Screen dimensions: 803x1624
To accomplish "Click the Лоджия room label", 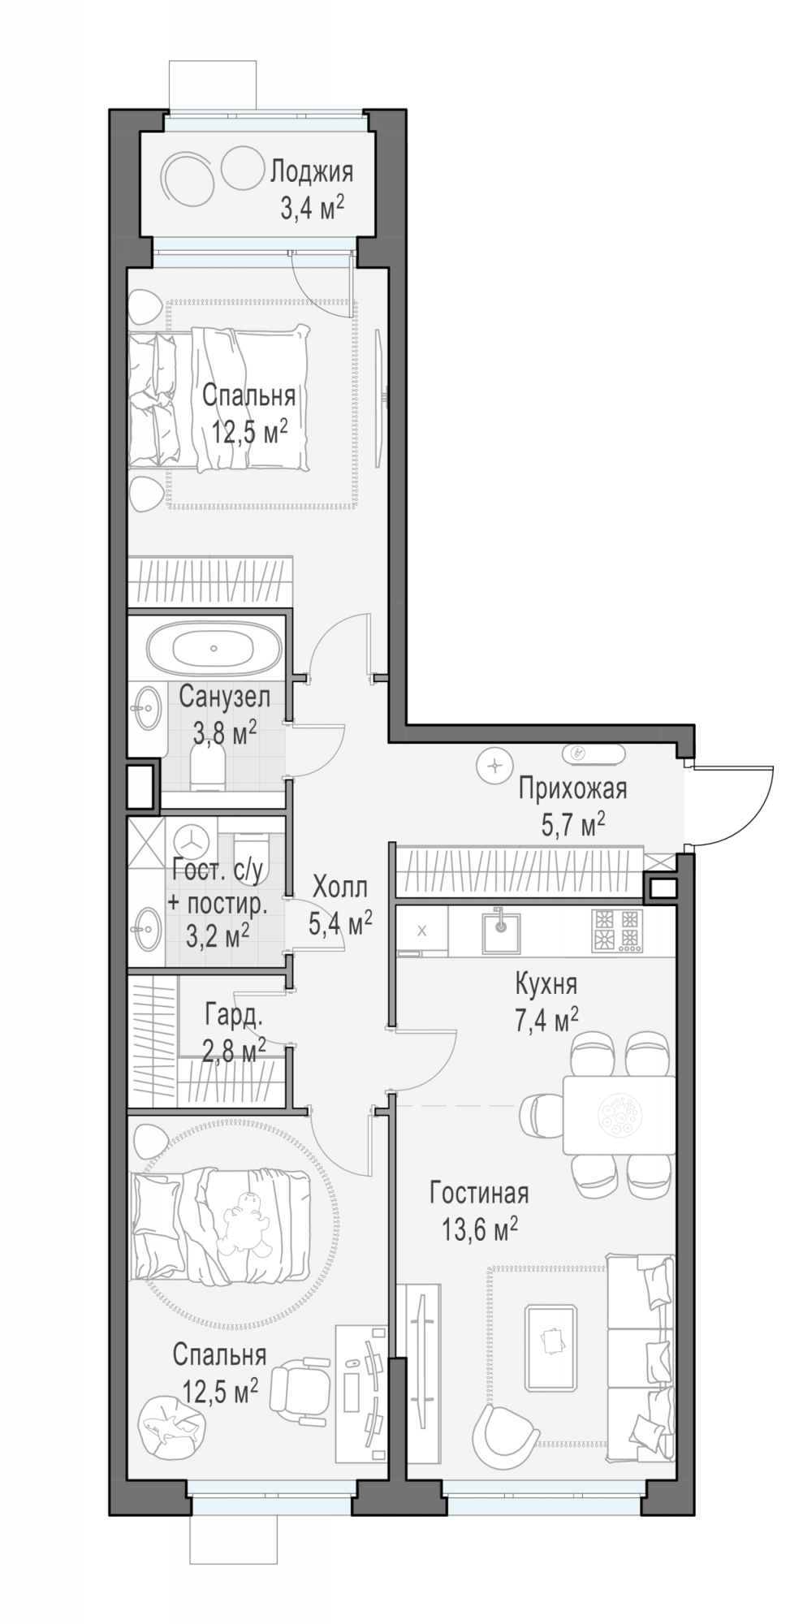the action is (x=311, y=171).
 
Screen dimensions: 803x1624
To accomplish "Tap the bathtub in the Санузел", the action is (x=214, y=649).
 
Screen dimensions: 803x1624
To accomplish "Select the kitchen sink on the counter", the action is (x=502, y=930).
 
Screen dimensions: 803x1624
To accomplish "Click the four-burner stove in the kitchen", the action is (x=617, y=930).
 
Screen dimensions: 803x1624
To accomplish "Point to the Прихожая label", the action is (x=572, y=788).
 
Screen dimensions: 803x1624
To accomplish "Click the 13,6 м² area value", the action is (x=479, y=1229).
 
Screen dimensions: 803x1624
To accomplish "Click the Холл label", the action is (x=339, y=886).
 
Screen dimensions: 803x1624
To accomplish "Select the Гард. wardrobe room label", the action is (x=234, y=1014).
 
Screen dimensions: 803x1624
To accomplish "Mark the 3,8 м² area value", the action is (x=225, y=734).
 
